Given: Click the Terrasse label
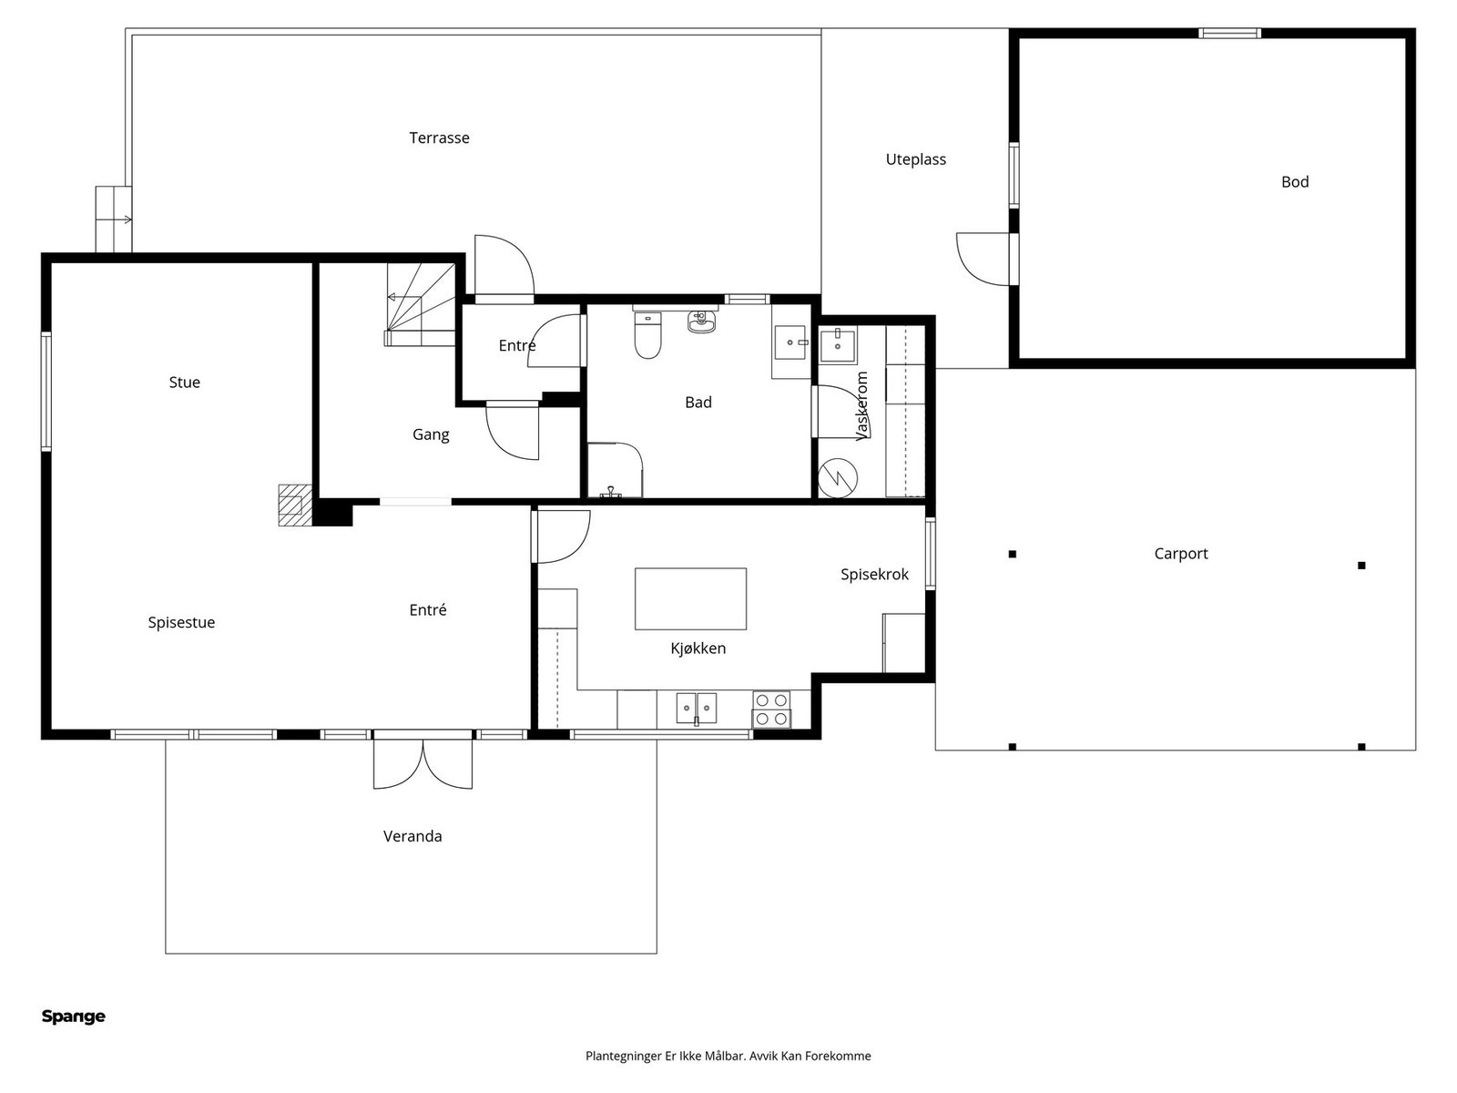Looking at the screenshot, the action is pyautogui.click(x=439, y=138).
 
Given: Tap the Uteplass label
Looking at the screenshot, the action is pyautogui.click(x=915, y=160).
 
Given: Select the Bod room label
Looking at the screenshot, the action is pyautogui.click(x=1294, y=182).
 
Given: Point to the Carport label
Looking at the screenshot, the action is pyautogui.click(x=1181, y=554).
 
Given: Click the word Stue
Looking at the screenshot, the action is pyautogui.click(x=185, y=383).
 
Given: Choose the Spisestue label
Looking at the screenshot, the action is pyautogui.click(x=181, y=622).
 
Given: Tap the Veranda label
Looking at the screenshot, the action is pyautogui.click(x=413, y=836).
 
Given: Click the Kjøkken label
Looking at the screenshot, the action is pyautogui.click(x=698, y=649).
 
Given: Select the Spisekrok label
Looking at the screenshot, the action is pyautogui.click(x=874, y=575).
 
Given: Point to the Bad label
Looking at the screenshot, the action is pyautogui.click(x=698, y=403).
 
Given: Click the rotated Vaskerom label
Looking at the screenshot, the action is pyautogui.click(x=861, y=406).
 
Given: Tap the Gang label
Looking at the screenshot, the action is pyautogui.click(x=431, y=435).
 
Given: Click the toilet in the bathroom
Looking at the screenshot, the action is pyautogui.click(x=647, y=336).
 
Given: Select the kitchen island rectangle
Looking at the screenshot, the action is pyautogui.click(x=690, y=598).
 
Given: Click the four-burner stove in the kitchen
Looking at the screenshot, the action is pyautogui.click(x=771, y=710).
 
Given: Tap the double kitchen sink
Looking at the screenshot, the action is pyautogui.click(x=697, y=708).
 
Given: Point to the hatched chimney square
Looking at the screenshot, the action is pyautogui.click(x=295, y=505).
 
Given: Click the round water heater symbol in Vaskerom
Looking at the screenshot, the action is pyautogui.click(x=838, y=478).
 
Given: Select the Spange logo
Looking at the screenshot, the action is pyautogui.click(x=74, y=1017).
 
